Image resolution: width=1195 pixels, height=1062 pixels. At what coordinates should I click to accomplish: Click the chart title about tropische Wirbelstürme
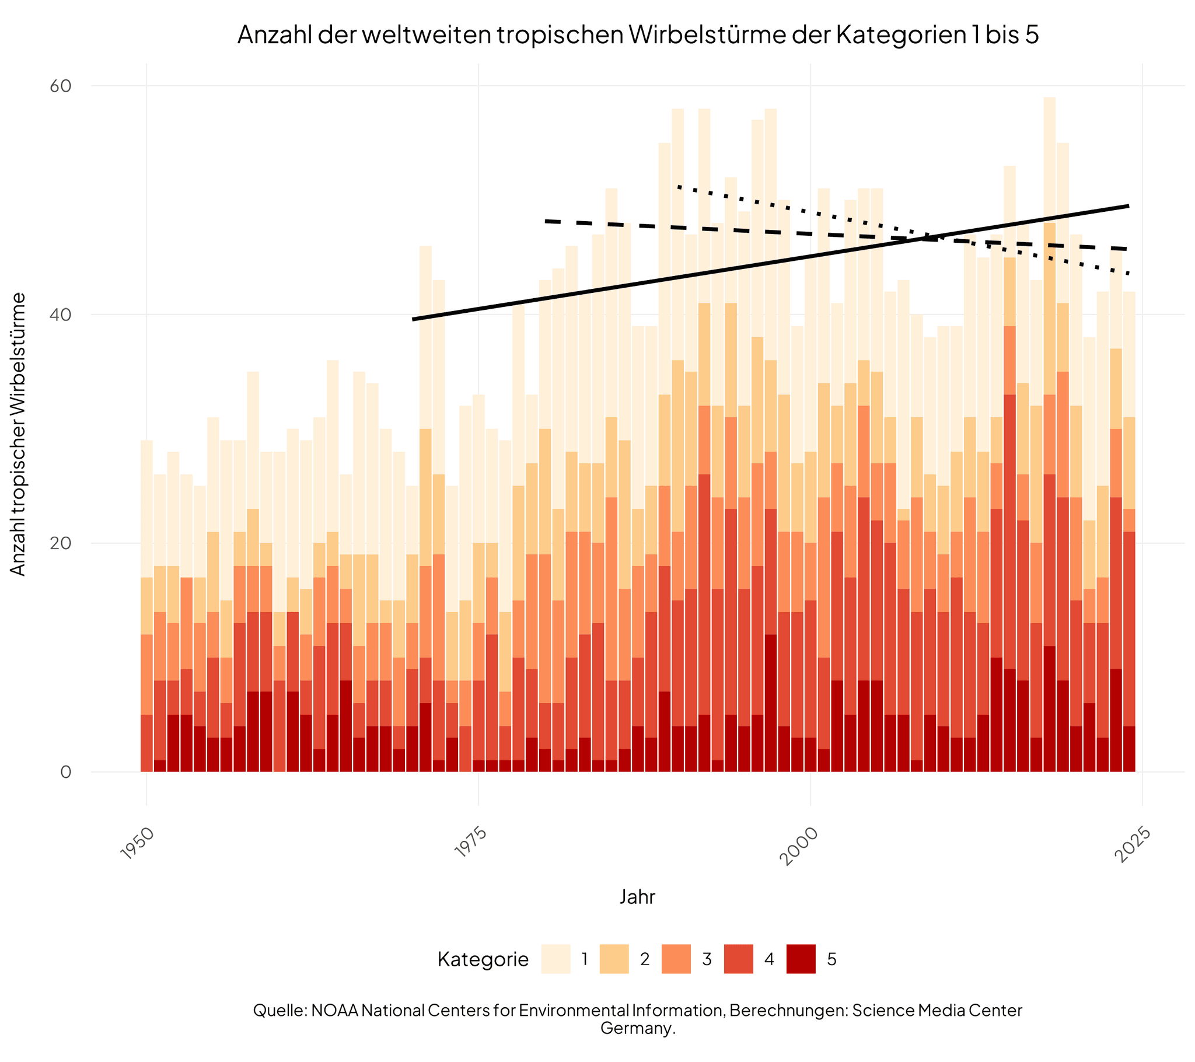click(638, 34)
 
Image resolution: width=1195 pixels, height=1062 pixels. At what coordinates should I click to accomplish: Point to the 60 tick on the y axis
click(61, 86)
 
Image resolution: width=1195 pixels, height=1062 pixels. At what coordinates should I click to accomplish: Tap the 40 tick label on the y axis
click(61, 315)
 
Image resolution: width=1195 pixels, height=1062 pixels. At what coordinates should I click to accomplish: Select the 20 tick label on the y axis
click(61, 543)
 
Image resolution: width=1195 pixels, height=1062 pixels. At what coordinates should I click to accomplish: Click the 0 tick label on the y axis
click(65, 772)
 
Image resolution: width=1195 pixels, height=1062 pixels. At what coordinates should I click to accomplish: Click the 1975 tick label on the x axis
click(471, 844)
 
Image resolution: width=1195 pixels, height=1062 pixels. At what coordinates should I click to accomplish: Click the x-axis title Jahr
click(637, 897)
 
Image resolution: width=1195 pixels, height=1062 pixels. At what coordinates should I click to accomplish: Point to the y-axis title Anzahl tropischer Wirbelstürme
click(19, 434)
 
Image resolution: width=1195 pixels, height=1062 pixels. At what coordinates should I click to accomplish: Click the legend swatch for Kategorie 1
click(555, 959)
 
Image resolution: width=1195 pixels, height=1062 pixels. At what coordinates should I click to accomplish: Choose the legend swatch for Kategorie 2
click(614, 959)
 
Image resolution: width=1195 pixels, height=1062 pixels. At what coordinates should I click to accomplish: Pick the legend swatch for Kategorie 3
click(676, 959)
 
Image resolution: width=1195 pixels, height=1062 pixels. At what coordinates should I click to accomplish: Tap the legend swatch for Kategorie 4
click(738, 959)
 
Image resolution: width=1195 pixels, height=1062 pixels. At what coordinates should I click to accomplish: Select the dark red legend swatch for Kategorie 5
click(801, 959)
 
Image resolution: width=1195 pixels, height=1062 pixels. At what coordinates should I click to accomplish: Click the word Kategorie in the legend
click(483, 960)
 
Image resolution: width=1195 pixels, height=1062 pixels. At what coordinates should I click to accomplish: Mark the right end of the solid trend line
click(1128, 206)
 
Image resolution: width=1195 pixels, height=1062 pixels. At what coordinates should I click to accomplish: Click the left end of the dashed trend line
click(546, 221)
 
